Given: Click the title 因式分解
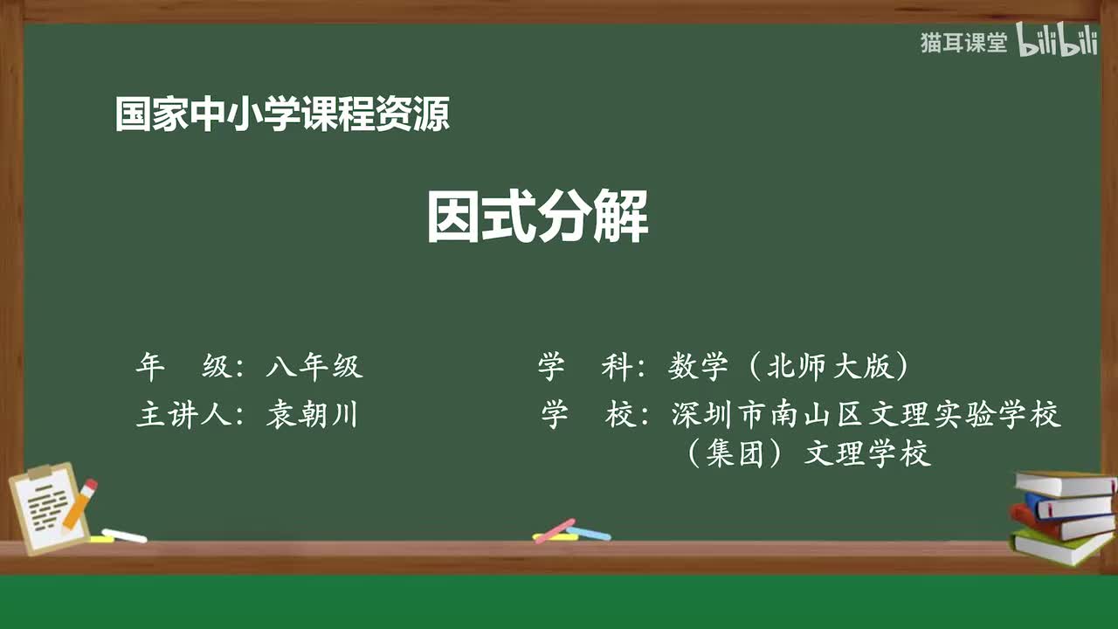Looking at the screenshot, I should [537, 218].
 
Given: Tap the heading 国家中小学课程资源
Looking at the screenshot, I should [282, 114].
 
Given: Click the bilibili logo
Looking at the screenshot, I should [1057, 43].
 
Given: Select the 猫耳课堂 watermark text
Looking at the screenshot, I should [963, 43].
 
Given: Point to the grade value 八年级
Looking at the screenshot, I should [314, 367].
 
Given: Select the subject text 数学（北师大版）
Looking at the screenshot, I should [790, 367].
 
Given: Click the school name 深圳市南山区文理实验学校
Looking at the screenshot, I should [866, 414].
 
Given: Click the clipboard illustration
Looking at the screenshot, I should [48, 507].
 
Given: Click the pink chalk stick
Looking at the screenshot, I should [555, 530].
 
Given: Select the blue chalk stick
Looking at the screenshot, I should [590, 533].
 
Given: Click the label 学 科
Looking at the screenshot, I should [585, 367].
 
